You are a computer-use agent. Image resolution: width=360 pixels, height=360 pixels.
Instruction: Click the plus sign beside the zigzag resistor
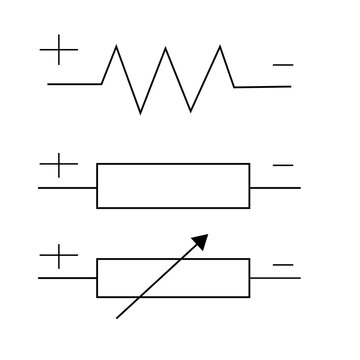pos(60,50)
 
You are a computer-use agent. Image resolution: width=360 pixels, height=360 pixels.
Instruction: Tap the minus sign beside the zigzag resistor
pos(283,66)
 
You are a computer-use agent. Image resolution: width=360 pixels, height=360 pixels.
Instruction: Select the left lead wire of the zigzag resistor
pos(74,85)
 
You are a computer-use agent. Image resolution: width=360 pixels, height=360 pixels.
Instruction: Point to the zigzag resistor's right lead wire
pos(263,87)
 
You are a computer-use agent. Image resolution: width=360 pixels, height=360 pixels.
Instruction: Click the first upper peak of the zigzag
pos(116,46)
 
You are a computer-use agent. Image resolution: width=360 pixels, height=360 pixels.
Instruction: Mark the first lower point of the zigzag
pos(140,112)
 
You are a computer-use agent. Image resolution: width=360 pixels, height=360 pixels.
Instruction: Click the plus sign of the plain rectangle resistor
pos(60,165)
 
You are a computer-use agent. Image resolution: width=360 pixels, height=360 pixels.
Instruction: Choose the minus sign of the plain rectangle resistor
pos(283,163)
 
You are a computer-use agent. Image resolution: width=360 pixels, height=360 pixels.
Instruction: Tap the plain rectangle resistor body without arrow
pos(173,185)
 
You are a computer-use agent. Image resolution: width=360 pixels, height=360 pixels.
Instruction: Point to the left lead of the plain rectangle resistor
pos(67,187)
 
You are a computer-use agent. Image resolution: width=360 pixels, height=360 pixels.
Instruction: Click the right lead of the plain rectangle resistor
pos(275,187)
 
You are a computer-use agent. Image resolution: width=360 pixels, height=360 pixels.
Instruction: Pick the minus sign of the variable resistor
pos(283,265)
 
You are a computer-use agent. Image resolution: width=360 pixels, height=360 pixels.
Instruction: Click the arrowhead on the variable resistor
pos(202,240)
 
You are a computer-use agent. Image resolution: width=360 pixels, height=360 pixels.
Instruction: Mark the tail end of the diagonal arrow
pos(119,317)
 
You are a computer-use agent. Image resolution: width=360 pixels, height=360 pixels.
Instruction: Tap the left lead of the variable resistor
pos(67,277)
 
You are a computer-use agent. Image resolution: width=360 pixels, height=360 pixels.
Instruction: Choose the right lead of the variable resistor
pos(275,277)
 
